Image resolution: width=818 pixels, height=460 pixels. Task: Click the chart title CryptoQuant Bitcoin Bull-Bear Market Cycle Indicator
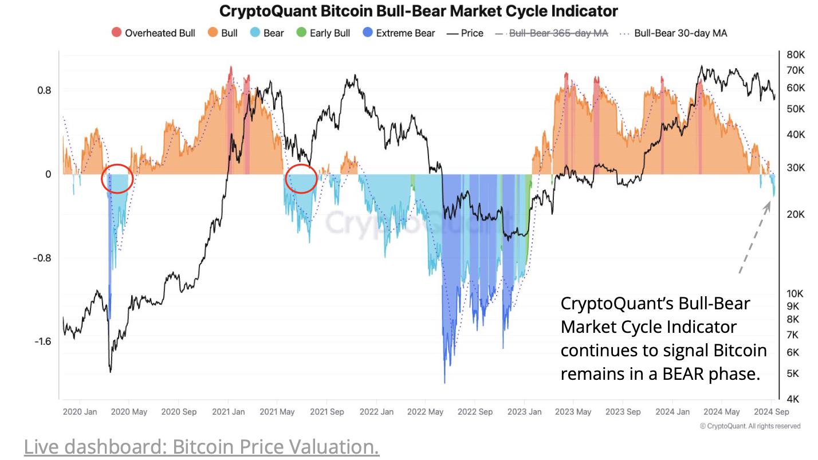point(419,11)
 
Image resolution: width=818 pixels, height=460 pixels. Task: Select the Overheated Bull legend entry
point(153,33)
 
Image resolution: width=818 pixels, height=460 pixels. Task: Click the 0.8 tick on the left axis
point(45,91)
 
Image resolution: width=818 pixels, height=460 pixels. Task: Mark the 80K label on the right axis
point(796,55)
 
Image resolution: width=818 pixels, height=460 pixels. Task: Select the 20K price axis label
point(796,214)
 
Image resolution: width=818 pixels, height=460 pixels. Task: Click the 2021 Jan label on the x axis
point(229,412)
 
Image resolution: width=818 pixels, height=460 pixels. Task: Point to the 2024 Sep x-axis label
point(772,412)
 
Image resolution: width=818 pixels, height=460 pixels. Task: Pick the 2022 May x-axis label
point(426,412)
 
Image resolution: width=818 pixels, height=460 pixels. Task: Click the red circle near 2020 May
point(117,179)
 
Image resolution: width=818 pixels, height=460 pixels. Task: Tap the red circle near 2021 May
point(301,179)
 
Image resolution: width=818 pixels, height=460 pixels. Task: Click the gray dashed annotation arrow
point(756,237)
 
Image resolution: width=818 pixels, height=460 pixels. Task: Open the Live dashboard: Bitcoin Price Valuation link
point(201,447)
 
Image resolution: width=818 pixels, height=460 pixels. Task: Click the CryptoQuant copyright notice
point(750,426)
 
